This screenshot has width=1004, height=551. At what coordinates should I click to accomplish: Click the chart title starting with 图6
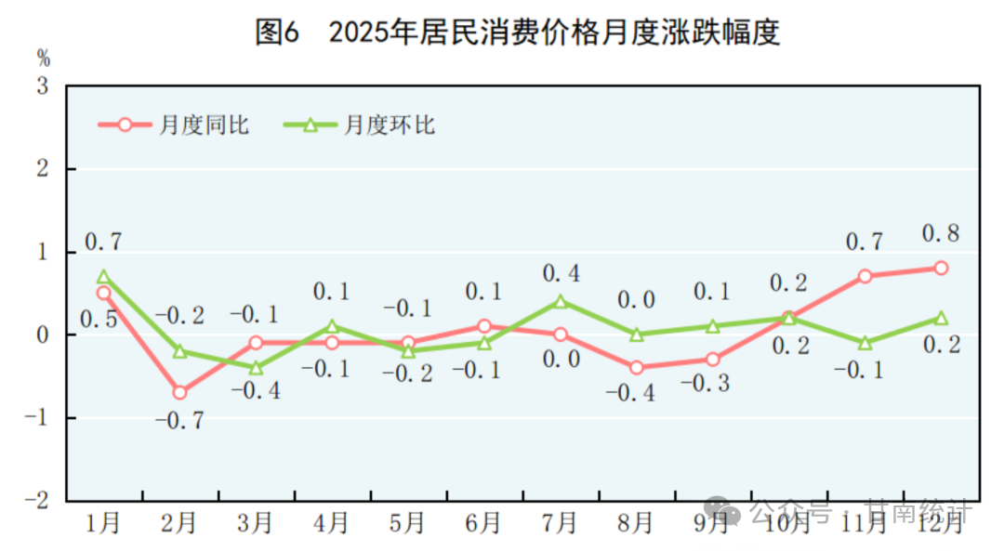coord(517,33)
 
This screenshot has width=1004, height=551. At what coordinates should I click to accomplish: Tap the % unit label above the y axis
coord(44,59)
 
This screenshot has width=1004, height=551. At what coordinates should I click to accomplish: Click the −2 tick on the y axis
coord(38,500)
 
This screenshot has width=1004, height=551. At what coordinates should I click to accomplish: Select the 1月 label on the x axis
coord(103,523)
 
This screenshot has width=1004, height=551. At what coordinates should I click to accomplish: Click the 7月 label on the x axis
coord(560,523)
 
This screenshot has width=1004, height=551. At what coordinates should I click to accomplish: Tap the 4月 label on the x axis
coord(332,523)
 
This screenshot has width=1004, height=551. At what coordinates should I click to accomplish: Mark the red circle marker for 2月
coord(179,392)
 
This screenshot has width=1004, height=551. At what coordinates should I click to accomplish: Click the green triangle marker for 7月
coord(561,301)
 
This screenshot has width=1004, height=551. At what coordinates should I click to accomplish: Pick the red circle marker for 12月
coord(941,268)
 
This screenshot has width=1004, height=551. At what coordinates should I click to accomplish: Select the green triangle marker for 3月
coord(256,368)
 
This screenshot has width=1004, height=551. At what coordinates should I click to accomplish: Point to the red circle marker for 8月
coord(637,368)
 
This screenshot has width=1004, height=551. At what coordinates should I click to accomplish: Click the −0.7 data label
coord(178,420)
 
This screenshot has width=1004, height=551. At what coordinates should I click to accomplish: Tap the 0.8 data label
coord(940,233)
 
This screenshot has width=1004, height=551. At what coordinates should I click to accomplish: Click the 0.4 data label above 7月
coord(561,273)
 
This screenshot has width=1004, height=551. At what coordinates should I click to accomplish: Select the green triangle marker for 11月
coord(865,343)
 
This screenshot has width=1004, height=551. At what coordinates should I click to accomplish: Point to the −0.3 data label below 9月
coord(712,383)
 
